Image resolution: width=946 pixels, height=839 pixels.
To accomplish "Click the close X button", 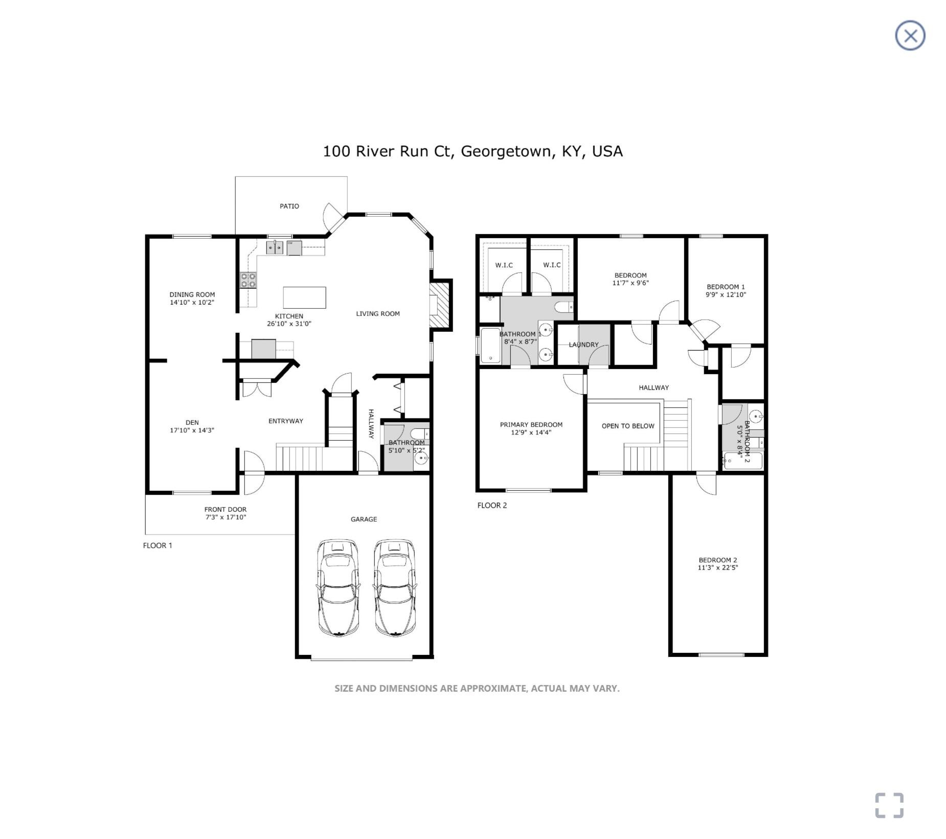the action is pyautogui.click(x=910, y=36).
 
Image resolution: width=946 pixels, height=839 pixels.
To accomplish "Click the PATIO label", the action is pyautogui.click(x=289, y=206).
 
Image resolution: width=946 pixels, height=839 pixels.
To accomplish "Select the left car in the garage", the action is pyautogui.click(x=338, y=587).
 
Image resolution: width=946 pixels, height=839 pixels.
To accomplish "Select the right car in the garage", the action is pyautogui.click(x=394, y=587).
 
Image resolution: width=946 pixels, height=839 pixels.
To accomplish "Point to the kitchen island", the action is pyautogui.click(x=305, y=297).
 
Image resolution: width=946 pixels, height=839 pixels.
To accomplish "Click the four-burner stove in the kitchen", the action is pyautogui.click(x=249, y=281).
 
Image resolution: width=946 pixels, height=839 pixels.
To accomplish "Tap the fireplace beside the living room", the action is pyautogui.click(x=440, y=305).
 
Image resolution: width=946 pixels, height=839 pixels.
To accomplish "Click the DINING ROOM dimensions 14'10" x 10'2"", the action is pyautogui.click(x=192, y=302).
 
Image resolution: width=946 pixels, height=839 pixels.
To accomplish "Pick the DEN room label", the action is pyautogui.click(x=192, y=422).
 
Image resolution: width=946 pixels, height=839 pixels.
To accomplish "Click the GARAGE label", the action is pyautogui.click(x=364, y=519).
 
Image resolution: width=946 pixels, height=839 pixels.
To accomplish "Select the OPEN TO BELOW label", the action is pyautogui.click(x=628, y=426).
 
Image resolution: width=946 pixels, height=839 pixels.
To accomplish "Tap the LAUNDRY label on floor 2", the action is pyautogui.click(x=583, y=345).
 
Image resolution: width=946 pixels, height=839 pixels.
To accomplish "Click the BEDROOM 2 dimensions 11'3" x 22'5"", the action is pyautogui.click(x=718, y=568).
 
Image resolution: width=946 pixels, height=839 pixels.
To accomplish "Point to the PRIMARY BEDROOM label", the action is pyautogui.click(x=531, y=424).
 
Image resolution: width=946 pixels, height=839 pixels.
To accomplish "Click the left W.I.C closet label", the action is pyautogui.click(x=504, y=265).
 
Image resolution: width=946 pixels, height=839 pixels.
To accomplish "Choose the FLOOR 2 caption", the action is pyautogui.click(x=492, y=505).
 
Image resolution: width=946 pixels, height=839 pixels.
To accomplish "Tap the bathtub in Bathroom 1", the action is pyautogui.click(x=491, y=346).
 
